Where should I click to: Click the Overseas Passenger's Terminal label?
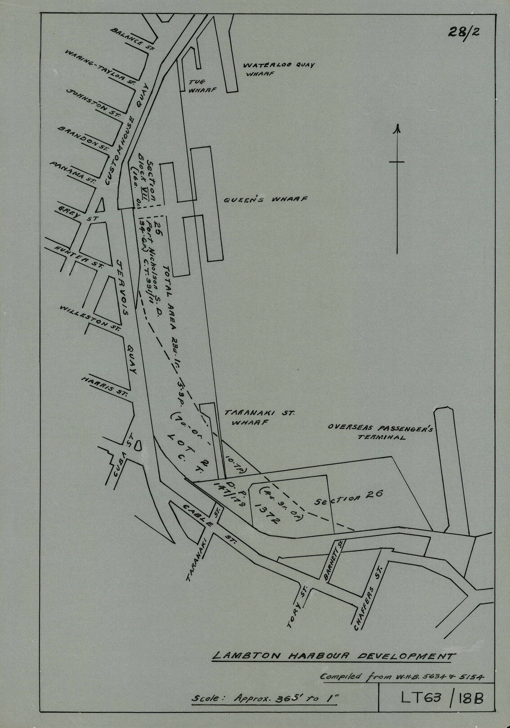pyautogui.click(x=380, y=432)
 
